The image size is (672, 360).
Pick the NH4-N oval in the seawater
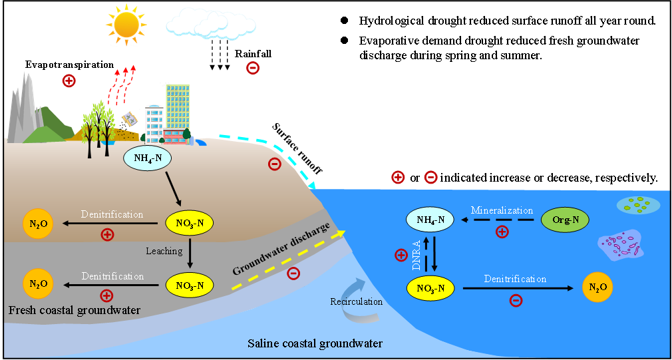click(x=430, y=219)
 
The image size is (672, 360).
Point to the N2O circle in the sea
click(x=597, y=287)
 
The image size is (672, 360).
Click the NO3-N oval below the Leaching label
click(x=189, y=285)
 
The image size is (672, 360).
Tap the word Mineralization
click(x=502, y=210)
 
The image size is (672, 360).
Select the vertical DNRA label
click(x=417, y=253)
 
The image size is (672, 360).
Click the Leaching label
click(x=164, y=251)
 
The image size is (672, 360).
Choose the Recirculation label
click(x=356, y=301)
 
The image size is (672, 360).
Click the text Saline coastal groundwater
click(x=315, y=343)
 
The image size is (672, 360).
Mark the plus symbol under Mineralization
click(x=502, y=232)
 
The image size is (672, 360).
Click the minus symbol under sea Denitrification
click(x=515, y=300)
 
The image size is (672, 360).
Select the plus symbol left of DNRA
click(x=401, y=254)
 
